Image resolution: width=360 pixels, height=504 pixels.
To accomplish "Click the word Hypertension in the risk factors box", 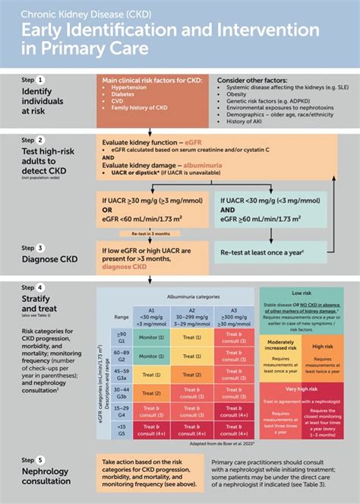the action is tap(130, 87).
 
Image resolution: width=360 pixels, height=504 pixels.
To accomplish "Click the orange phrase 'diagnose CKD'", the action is tap(126, 267).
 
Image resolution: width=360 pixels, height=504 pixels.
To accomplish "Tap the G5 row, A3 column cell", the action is tap(233, 432).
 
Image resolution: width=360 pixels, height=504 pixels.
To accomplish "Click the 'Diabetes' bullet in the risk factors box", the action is tap(124, 95).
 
